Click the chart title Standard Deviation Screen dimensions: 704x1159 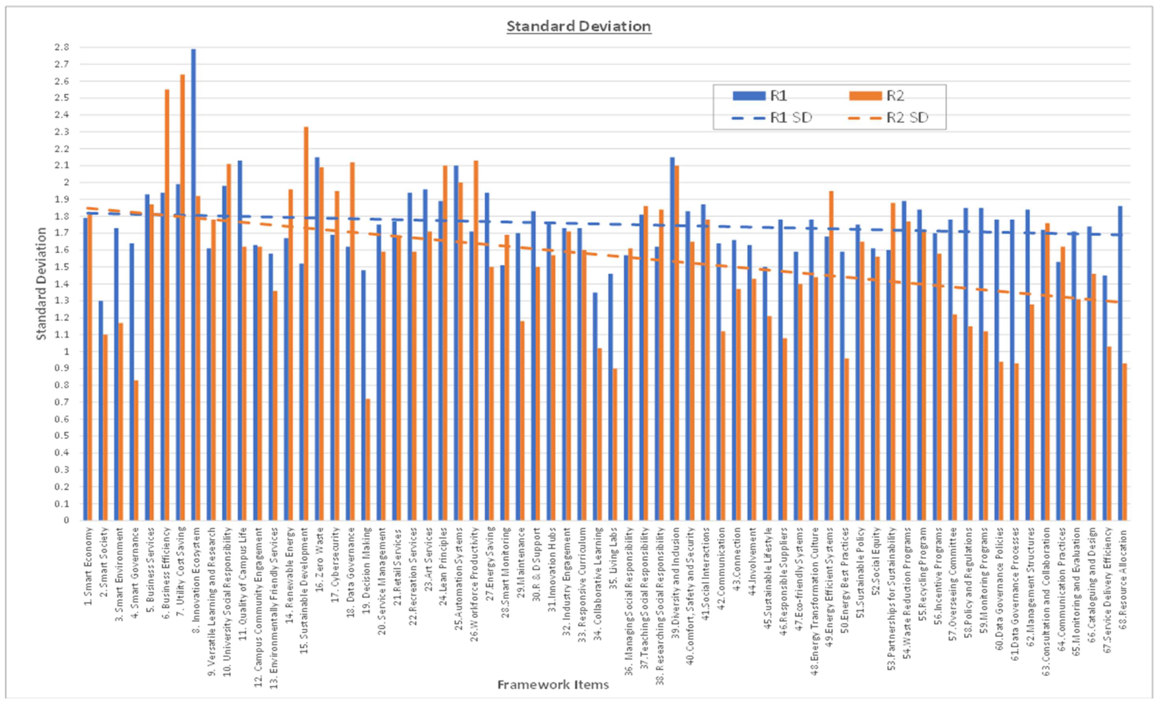(578, 26)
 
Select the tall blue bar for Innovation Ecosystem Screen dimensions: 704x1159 (193, 282)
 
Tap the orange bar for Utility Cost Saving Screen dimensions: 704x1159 (183, 296)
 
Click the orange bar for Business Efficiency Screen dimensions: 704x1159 (167, 306)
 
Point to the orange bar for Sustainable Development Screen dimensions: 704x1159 (306, 325)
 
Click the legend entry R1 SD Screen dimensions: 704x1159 (790, 118)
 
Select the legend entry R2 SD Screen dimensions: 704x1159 (907, 118)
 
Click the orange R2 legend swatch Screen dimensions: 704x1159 (865, 96)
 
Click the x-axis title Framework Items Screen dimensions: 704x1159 (553, 684)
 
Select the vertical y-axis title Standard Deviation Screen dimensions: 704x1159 (41, 284)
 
